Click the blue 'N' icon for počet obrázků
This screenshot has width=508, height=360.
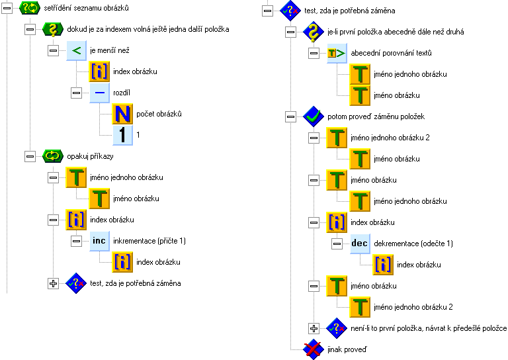[122, 114]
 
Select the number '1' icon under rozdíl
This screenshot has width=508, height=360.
[122, 135]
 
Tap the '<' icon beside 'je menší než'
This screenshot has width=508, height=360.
[77, 50]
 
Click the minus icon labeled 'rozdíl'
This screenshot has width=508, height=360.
[100, 93]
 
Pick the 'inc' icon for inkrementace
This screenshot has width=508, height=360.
[100, 241]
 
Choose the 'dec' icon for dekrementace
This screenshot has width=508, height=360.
[359, 244]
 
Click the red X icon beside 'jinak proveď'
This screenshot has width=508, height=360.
[312, 349]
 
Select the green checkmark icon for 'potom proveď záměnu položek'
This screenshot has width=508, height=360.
[312, 116]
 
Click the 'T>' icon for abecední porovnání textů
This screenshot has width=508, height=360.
[336, 53]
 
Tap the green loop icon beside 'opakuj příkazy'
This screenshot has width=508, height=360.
[52, 156]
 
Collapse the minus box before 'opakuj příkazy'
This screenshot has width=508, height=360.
[29, 156]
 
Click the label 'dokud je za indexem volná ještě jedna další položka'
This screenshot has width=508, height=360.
[148, 30]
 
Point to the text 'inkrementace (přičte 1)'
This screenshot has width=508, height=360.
[149, 241]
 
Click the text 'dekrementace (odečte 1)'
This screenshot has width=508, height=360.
[413, 244]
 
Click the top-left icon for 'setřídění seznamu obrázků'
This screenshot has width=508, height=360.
[30, 9]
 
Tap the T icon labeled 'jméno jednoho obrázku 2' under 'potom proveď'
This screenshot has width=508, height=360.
[336, 138]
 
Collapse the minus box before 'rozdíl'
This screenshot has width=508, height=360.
[77, 93]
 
